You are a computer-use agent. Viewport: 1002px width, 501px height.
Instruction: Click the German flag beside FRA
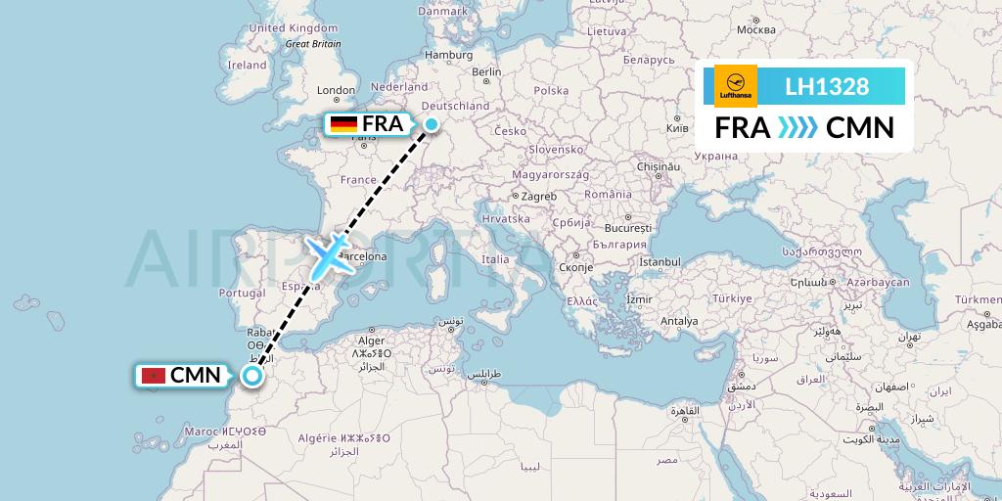coord(343,124)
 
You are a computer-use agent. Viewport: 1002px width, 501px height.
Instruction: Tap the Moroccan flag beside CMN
coord(152,376)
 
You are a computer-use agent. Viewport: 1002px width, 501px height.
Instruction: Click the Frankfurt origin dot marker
coord(431,123)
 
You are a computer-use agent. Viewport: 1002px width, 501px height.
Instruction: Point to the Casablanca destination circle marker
coord(252,376)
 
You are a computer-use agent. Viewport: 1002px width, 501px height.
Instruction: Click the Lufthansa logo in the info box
coord(736,86)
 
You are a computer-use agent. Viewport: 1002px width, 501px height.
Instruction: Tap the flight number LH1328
coord(827,86)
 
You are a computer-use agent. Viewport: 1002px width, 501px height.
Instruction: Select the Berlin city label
coord(486,71)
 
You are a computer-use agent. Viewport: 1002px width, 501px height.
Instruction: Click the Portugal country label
coord(243,293)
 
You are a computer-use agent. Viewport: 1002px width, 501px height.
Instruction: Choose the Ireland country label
coord(247,66)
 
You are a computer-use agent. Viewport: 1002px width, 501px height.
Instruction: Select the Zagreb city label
coord(538,197)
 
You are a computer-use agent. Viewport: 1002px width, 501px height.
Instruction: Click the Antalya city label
coord(679,321)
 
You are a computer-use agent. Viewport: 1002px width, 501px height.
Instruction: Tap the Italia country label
coord(495,259)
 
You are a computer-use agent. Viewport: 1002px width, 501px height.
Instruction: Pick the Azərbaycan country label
coord(879,282)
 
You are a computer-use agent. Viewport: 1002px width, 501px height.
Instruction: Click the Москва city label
coord(755,29)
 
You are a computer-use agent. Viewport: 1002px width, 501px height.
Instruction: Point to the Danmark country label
coord(442,11)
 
